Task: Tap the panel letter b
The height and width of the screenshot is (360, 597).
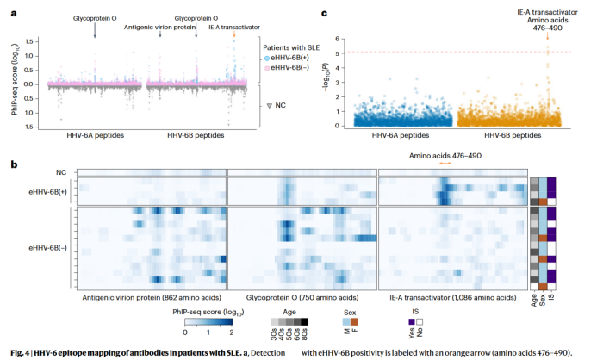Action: click(11, 164)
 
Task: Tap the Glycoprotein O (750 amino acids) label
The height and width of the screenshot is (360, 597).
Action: click(302, 297)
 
